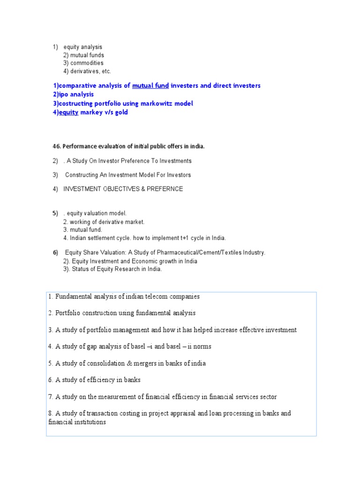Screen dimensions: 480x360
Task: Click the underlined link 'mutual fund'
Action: (x=150, y=86)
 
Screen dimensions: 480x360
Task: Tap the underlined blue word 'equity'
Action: (x=68, y=112)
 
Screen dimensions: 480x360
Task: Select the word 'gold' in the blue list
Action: (x=120, y=112)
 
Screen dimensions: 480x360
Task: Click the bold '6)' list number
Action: (x=55, y=253)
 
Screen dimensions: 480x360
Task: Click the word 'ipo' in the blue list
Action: (x=63, y=95)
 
